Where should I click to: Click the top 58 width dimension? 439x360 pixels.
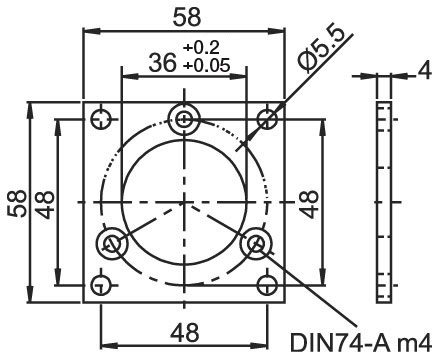tap(187, 17)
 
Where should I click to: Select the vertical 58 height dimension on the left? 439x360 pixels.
tap(17, 203)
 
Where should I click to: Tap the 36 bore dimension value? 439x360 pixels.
tap(162, 62)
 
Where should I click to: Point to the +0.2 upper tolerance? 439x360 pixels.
tap(201, 47)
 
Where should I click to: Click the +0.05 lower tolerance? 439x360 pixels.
tap(206, 65)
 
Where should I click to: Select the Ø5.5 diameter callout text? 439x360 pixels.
tap(322, 47)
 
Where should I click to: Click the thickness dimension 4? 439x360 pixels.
tap(424, 71)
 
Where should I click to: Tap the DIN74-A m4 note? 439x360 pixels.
tap(361, 342)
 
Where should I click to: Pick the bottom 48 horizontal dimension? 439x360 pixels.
tap(185, 333)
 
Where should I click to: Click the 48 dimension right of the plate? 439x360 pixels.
tap(308, 204)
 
